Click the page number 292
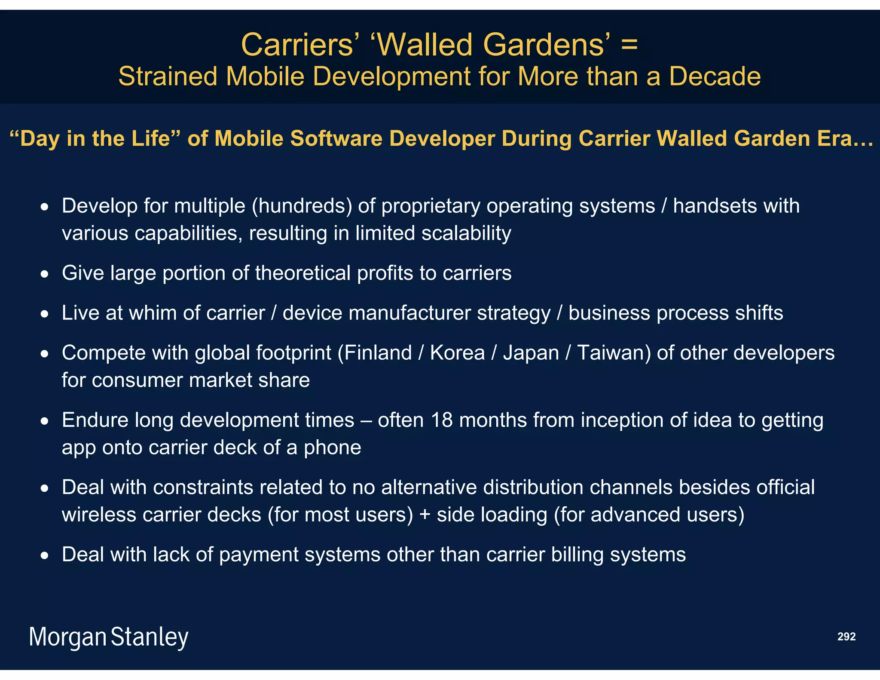coord(846,637)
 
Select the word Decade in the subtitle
coord(715,77)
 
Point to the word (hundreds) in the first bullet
coord(302,206)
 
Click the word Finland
coord(378,353)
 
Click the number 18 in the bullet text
coord(441,420)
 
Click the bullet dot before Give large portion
coord(45,274)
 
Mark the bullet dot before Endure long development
coord(45,421)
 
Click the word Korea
coord(457,353)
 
